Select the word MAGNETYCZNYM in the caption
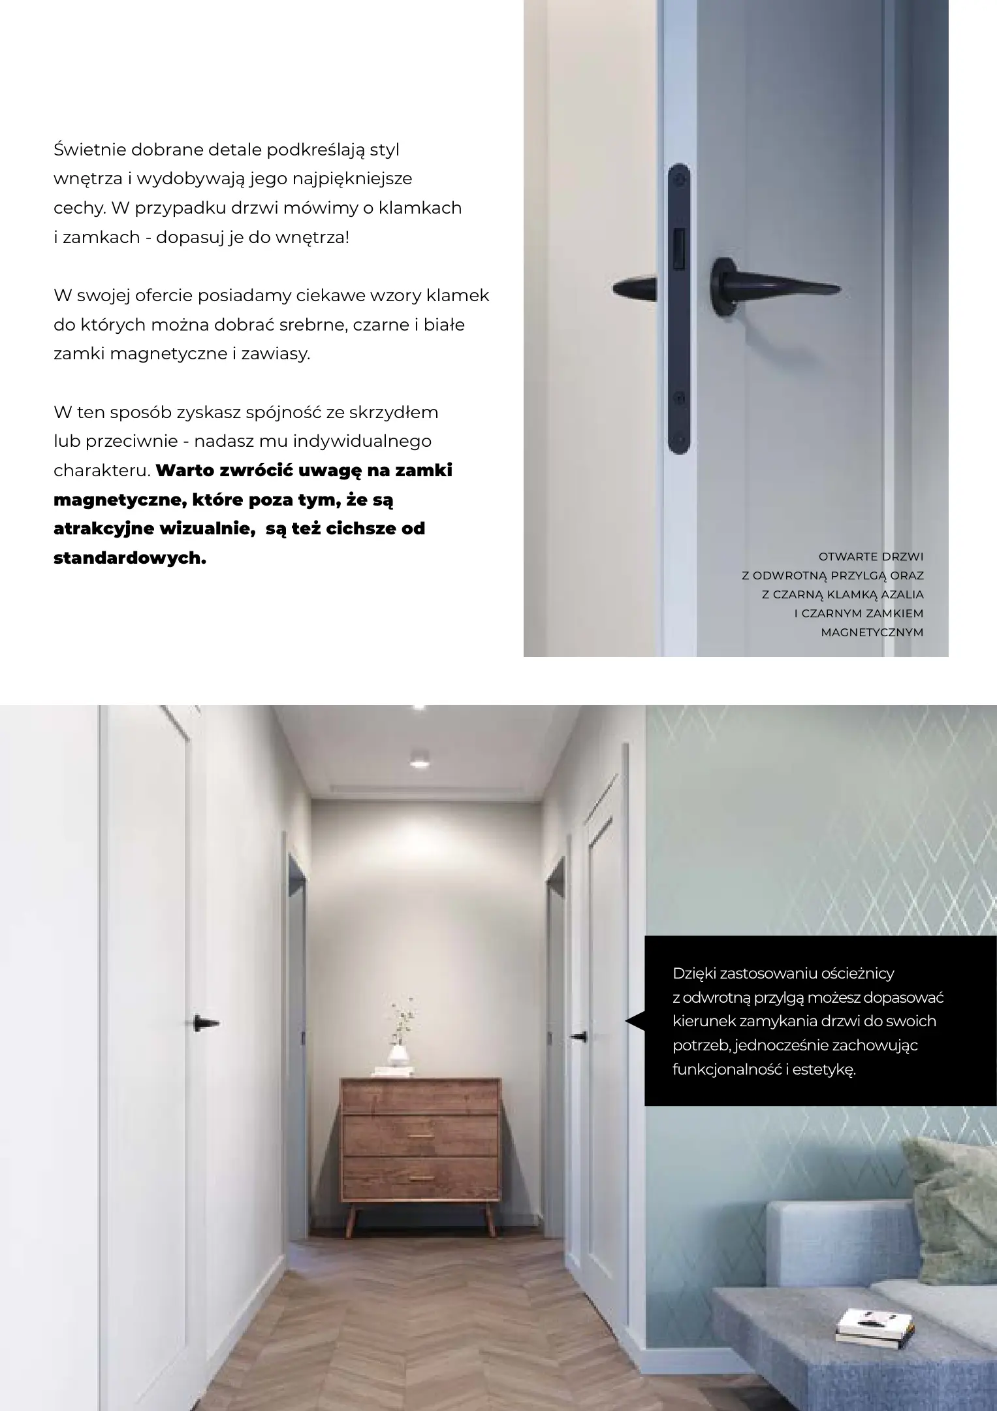872,632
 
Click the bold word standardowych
129,559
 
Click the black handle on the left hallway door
207,1024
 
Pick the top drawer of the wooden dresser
420,1097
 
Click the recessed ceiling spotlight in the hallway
419,762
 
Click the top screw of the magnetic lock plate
680,176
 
